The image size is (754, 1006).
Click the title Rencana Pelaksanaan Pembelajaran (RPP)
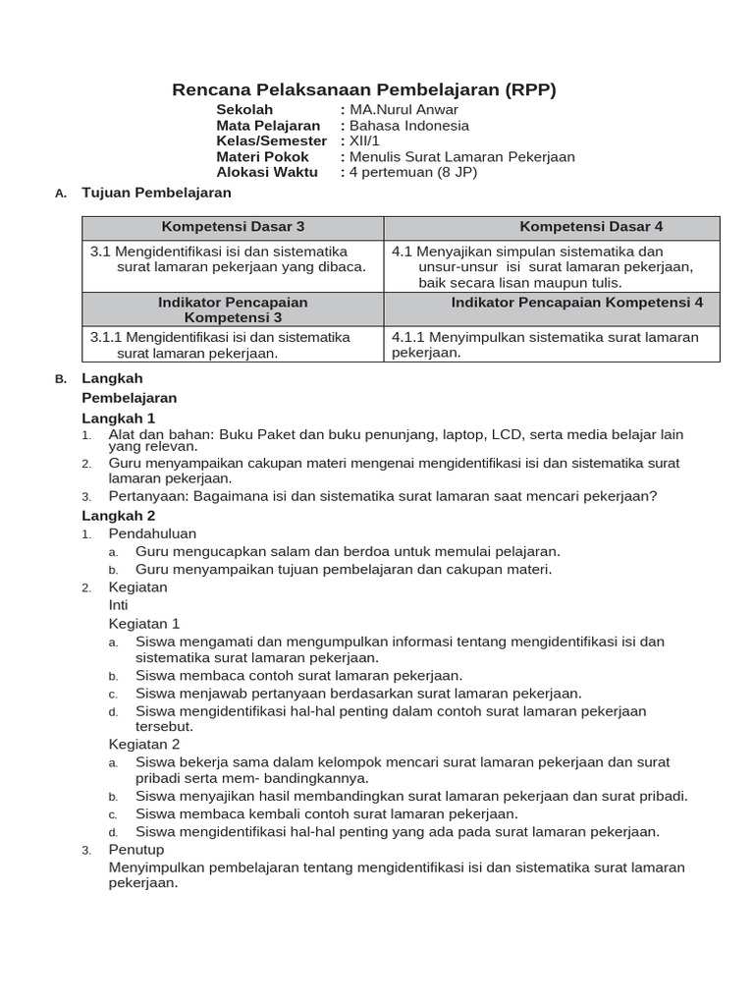pos(364,90)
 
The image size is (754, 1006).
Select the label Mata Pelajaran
pos(268,126)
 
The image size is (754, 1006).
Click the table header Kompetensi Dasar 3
pos(233,227)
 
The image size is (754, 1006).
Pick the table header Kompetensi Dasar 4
pos(591,227)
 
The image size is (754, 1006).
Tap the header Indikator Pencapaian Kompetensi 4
pos(576,303)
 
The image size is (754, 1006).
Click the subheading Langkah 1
pos(119,418)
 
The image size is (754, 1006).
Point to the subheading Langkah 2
pos(119,515)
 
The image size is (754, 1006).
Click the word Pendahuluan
pos(152,533)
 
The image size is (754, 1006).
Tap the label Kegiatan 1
pos(143,623)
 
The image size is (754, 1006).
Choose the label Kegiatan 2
pos(143,744)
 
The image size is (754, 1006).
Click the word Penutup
pos(136,849)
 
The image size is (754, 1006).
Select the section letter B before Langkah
pos(60,379)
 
